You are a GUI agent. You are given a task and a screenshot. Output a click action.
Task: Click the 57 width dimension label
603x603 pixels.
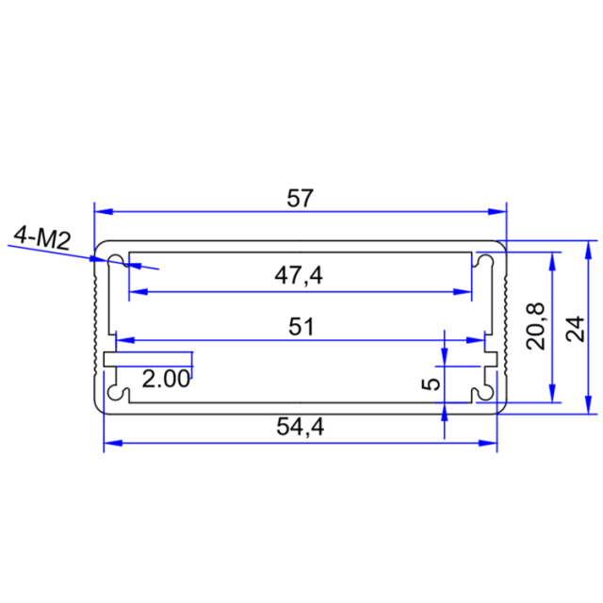300,199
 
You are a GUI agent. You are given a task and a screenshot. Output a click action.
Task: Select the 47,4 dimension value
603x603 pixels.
300,275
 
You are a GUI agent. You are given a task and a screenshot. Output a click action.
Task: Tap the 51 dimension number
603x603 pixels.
301,327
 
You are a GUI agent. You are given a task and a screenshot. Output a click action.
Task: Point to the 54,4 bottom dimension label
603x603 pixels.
301,428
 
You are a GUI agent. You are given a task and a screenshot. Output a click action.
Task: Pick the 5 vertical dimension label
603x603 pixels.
430,383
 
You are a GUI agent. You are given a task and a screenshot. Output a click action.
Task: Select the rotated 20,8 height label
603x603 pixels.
536,326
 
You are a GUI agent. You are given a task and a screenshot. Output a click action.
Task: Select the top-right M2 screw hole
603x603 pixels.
485,260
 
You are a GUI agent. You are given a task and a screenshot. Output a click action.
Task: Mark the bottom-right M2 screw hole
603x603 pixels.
485,390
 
